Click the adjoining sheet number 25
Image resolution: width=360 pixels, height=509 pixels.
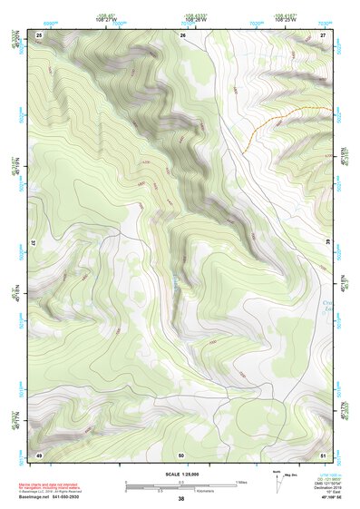click(x=39, y=34)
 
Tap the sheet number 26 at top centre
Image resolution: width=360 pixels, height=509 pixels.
click(x=182, y=34)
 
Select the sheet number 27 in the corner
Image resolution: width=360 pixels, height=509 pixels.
click(x=324, y=34)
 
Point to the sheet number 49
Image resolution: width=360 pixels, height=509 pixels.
click(x=39, y=454)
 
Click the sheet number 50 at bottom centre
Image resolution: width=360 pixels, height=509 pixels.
click(x=181, y=454)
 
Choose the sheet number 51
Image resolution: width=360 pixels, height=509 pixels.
click(x=324, y=454)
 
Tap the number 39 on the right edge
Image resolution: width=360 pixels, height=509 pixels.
click(x=327, y=243)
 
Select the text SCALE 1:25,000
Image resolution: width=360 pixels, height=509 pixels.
click(x=180, y=474)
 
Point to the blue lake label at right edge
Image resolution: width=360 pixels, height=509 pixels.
click(x=329, y=307)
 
